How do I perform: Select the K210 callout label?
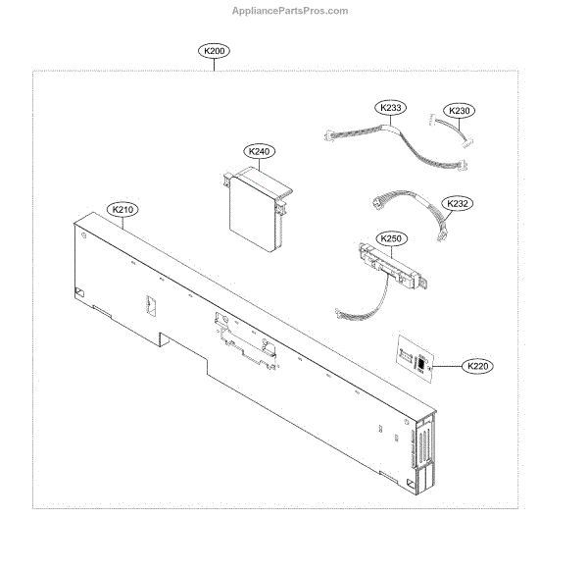click(x=123, y=209)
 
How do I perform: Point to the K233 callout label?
click(x=389, y=107)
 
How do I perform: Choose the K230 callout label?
click(x=459, y=111)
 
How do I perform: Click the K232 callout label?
click(x=458, y=204)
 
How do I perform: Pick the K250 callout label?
click(x=391, y=238)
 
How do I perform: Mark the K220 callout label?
click(x=477, y=366)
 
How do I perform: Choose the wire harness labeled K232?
click(x=412, y=210)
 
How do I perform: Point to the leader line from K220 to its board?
click(x=446, y=365)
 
